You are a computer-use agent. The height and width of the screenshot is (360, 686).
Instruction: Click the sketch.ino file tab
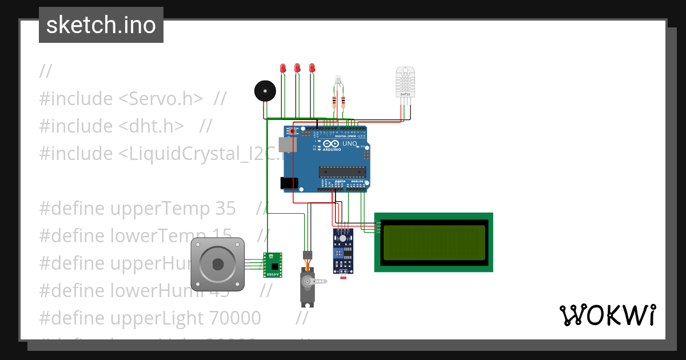pos(101,25)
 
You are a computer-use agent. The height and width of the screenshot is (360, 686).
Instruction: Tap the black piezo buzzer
pos(264,91)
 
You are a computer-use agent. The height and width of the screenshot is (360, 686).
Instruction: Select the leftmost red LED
pos(282,68)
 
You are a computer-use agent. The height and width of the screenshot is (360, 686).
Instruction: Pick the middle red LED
pos(297,68)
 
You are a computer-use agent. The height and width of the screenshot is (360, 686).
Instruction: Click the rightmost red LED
pos(312,68)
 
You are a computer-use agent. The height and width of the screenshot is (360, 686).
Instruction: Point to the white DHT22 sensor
pos(405,82)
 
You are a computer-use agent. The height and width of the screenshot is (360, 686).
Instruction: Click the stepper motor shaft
pos(218,263)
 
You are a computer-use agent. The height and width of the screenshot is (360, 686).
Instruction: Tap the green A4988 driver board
pos(273,265)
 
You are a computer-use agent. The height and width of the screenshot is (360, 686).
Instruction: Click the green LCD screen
pos(434,242)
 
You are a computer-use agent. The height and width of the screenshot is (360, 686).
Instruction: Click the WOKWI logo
pos(607,315)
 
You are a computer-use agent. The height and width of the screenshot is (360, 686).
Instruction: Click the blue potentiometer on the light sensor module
pos(343,251)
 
